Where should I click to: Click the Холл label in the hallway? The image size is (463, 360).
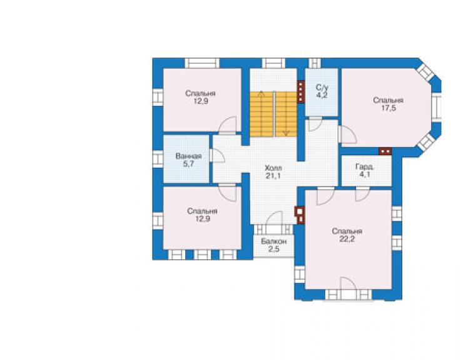[273, 168]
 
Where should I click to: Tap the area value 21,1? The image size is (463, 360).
[273, 176]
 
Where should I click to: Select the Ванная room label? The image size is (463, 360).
[188, 156]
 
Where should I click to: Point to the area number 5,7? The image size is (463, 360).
[188, 164]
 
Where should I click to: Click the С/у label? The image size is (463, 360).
[322, 88]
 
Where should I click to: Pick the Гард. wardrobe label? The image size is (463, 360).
[365, 167]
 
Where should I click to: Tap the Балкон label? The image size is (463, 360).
[273, 242]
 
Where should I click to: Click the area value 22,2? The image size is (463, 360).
[347, 239]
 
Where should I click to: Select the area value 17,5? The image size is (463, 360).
[388, 108]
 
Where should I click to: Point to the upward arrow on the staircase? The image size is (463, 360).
[261, 114]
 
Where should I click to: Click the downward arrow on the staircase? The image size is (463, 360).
[286, 114]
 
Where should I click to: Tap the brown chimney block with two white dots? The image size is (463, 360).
[385, 152]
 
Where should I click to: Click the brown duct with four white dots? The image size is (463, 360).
[300, 92]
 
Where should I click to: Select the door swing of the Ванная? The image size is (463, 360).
[217, 155]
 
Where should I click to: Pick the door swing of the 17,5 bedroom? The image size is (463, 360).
[348, 135]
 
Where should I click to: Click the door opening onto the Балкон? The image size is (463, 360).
[274, 218]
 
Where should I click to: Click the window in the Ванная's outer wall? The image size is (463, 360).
[158, 159]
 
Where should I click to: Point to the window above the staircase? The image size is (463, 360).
[273, 63]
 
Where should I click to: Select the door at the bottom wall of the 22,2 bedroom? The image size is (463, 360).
[348, 284]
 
